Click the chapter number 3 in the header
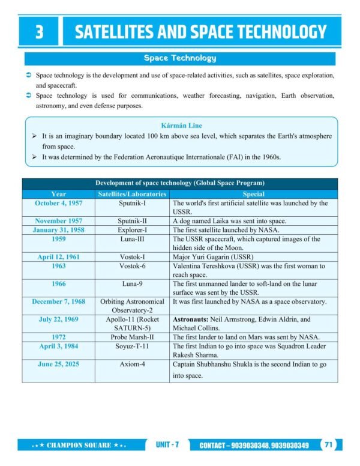(40, 31)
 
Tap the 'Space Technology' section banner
(179, 58)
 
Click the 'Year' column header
(59, 194)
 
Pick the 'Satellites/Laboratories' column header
(131, 194)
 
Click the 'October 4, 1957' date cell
(59, 203)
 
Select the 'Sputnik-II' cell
(131, 220)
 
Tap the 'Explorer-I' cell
(131, 229)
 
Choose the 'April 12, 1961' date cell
(59, 256)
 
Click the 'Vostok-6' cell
(131, 265)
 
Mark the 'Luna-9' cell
(131, 283)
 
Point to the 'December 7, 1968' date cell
(59, 301)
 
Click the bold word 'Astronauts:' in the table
(192, 319)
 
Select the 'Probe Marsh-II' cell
(131, 337)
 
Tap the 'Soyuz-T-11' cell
(131, 346)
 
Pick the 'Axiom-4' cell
(131, 364)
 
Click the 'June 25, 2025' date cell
(59, 364)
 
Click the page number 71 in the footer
(329, 445)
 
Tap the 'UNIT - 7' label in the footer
(167, 445)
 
